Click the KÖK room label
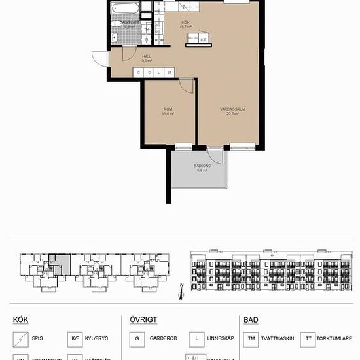point(186,22)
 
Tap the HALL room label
point(137,56)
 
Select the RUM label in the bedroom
point(168,109)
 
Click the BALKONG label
point(202,166)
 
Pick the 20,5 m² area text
point(232,114)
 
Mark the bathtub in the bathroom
point(124,9)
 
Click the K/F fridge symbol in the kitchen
point(204,40)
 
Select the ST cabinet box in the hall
point(169,72)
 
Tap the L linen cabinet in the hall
point(159,72)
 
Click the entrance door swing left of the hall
point(100,58)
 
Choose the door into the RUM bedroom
point(187,86)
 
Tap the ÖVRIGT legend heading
point(142,320)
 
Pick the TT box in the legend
point(307,338)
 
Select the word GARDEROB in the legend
point(162,338)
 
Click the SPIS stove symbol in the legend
point(21,338)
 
